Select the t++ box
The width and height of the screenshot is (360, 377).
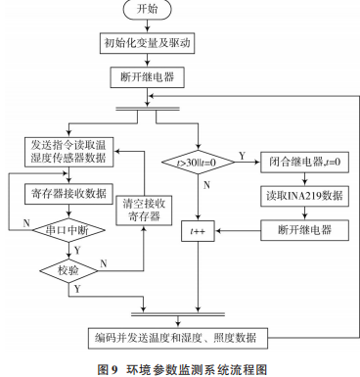pyautogui.click(x=198, y=231)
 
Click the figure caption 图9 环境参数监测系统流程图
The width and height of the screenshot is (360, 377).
pyautogui.click(x=179, y=366)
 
